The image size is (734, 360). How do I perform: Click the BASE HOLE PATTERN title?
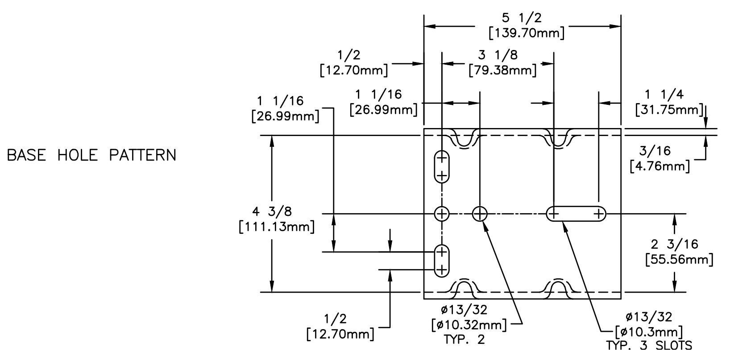pos(91,155)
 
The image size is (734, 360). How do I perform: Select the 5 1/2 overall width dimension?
pos(522,18)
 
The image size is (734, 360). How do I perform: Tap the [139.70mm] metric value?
pos(527,33)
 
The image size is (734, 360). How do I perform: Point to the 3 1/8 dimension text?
pos(498,55)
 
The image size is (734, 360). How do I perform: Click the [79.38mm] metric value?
pos(503,70)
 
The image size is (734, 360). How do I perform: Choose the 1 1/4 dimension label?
pos(664,95)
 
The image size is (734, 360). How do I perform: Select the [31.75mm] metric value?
pos(669,110)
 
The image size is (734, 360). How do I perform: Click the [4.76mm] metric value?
pos(660,166)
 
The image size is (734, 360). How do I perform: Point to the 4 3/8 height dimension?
pos(272,211)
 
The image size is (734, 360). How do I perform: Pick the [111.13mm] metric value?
pos(277,227)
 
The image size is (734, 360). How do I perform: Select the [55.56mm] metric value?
pos(679,260)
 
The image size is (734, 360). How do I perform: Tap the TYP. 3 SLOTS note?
pos(649,346)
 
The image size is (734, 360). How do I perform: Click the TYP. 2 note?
pos(464,339)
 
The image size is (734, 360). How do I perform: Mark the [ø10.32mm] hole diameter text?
pos(469,325)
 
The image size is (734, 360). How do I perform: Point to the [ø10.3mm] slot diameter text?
pos(649,332)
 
